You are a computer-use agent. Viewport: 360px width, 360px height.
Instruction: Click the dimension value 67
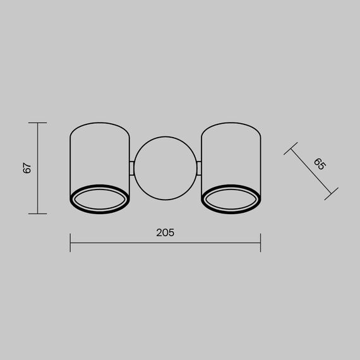[27, 168]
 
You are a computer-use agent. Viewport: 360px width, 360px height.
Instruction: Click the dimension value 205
[165, 232]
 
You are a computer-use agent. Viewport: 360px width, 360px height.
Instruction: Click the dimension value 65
[319, 164]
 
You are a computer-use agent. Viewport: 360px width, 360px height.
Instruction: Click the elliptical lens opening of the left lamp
[100, 201]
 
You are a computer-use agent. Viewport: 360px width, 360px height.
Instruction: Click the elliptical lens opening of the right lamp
[230, 201]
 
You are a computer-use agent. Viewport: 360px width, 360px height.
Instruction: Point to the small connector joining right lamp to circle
[198, 168]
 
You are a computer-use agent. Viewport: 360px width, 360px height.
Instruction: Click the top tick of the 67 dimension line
[38, 123]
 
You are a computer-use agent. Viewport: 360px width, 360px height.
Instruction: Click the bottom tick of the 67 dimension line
[38, 213]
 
